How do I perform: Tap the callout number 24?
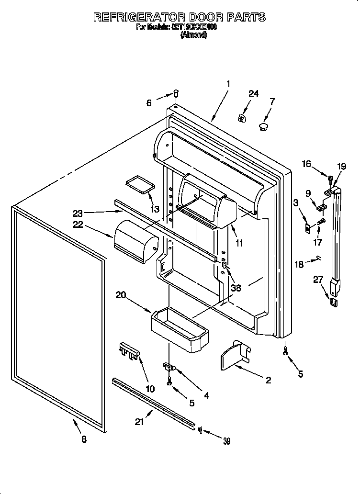tap(253, 94)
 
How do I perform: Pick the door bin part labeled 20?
tap(180, 327)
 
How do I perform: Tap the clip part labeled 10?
tap(129, 350)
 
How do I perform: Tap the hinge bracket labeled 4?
tap(169, 367)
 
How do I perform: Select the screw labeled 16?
tap(330, 180)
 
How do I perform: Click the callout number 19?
tap(341, 167)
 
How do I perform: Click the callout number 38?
tap(235, 288)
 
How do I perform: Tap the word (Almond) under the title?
tap(193, 35)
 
